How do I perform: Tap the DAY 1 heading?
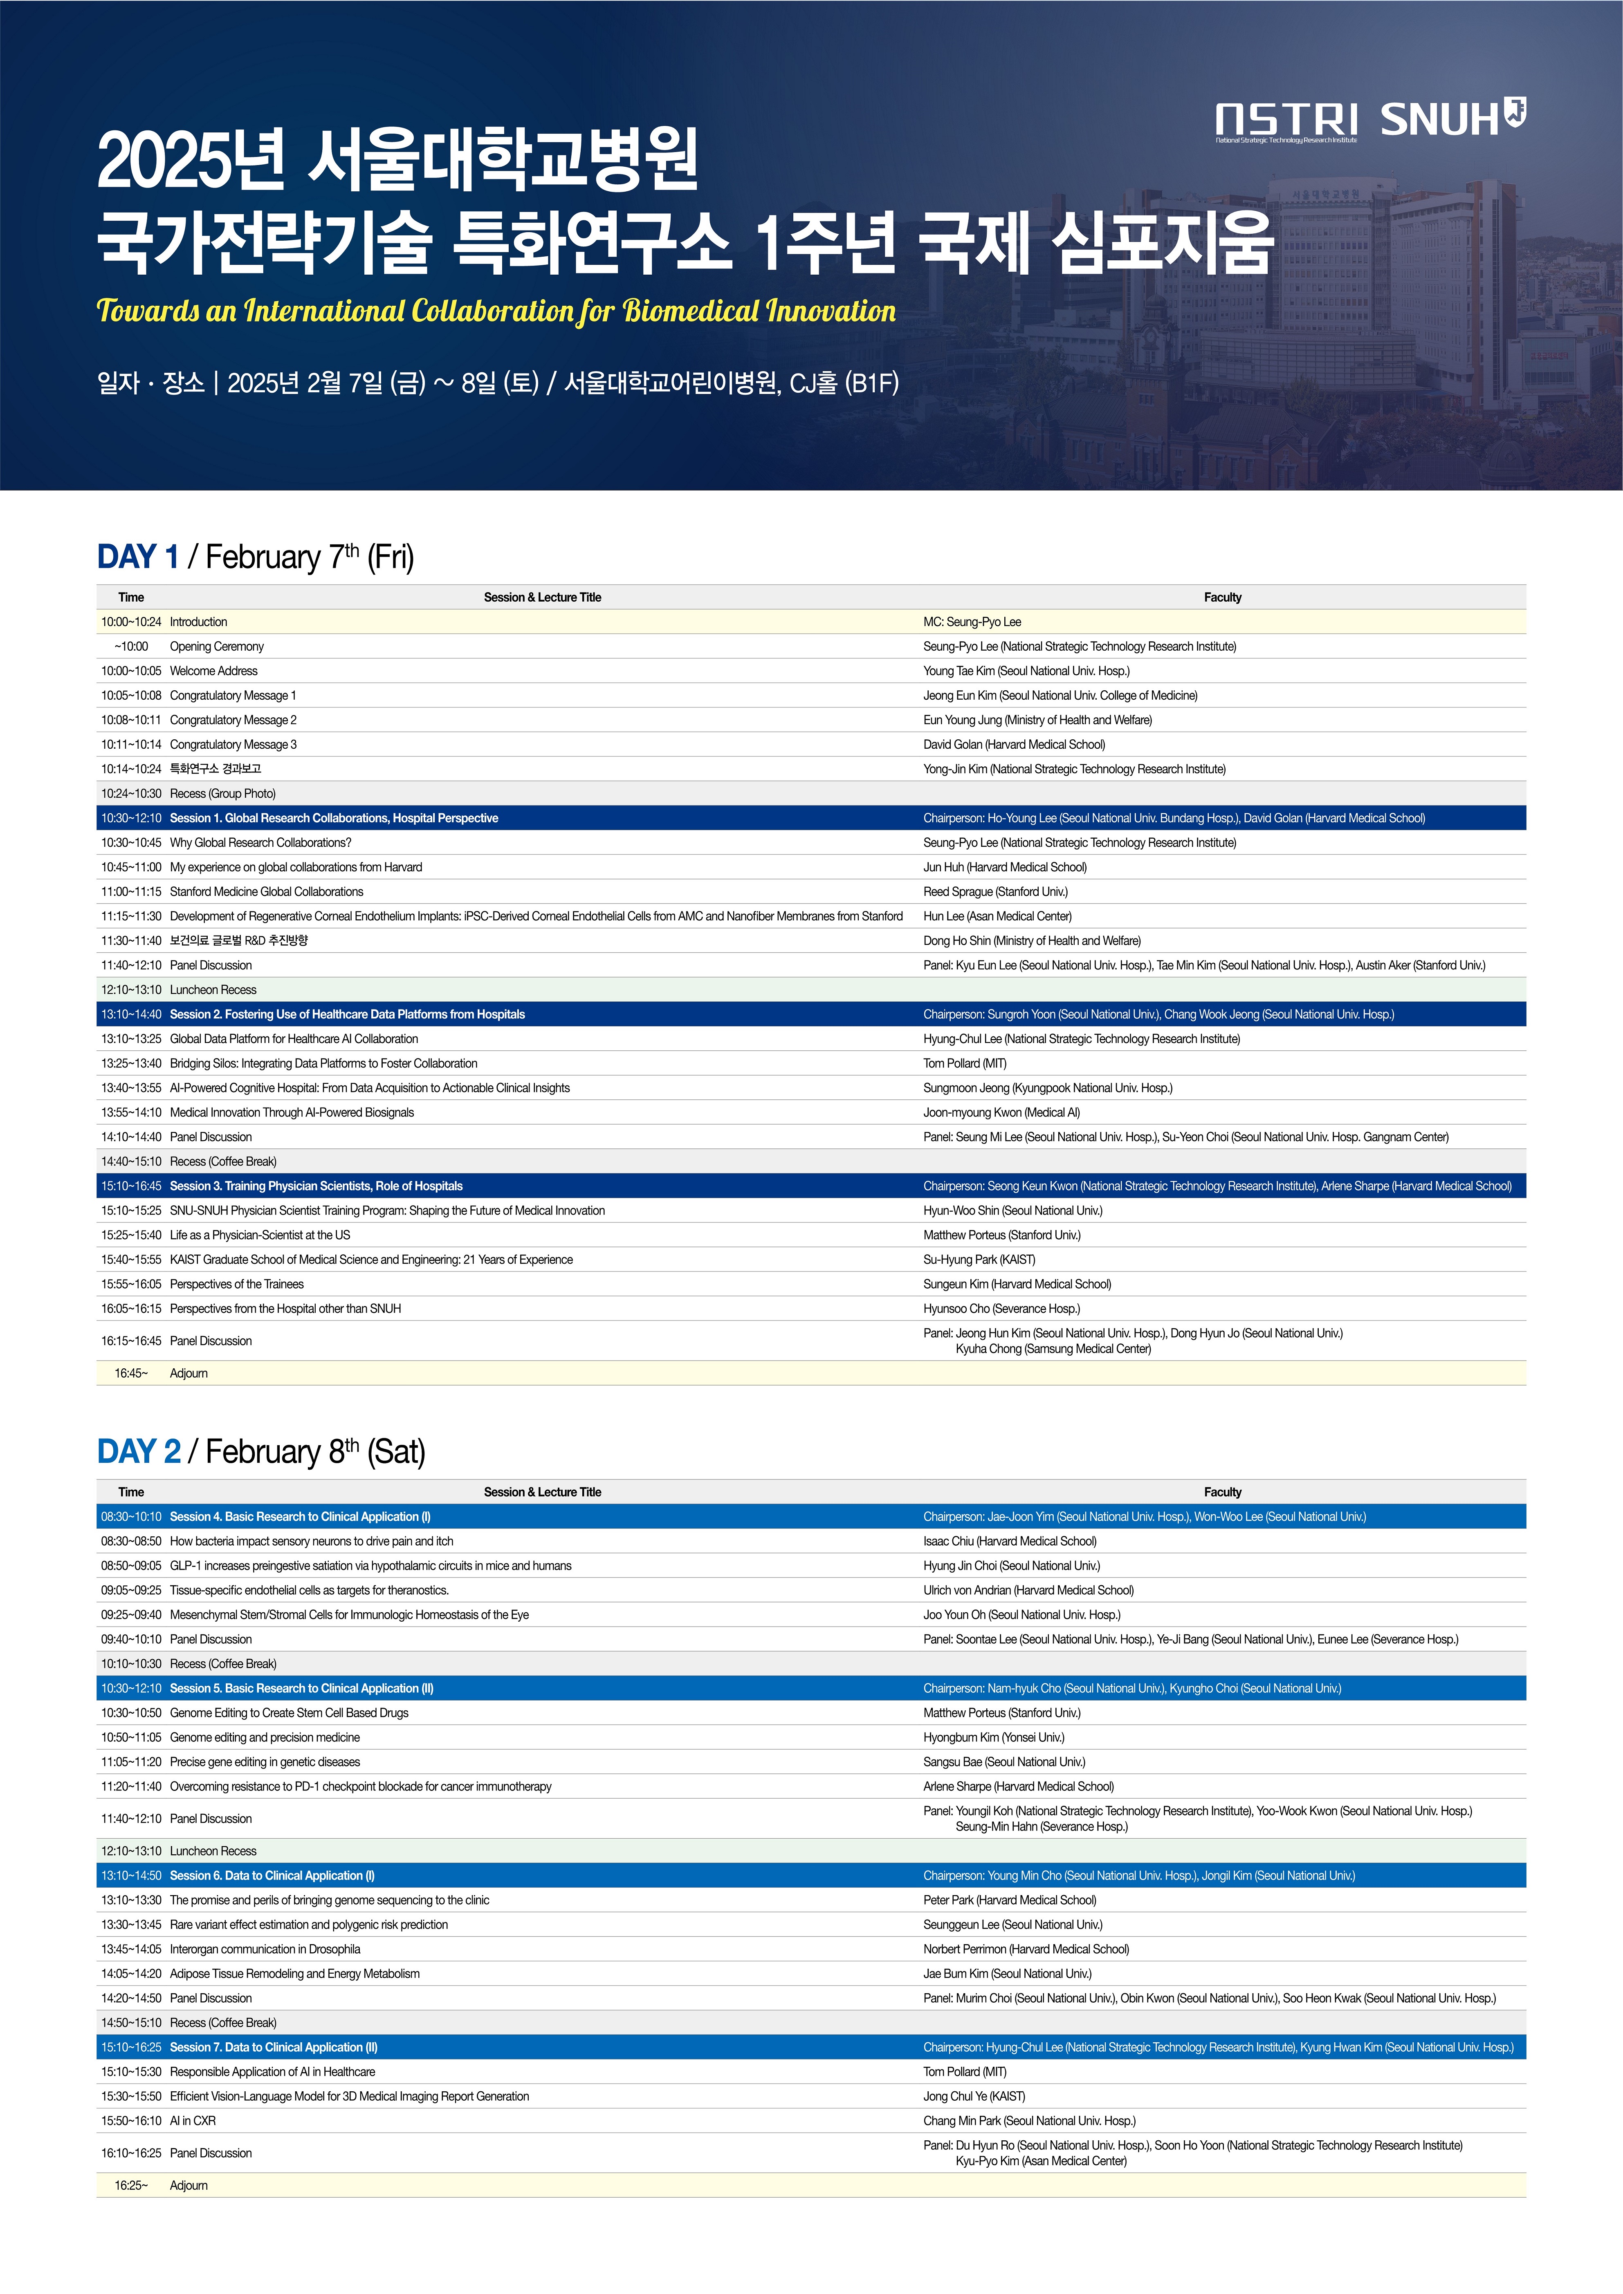click(x=138, y=557)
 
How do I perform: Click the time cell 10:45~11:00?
click(x=131, y=867)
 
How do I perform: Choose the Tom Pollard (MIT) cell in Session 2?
click(x=964, y=1063)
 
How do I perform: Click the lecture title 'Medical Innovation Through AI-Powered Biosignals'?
click(x=292, y=1112)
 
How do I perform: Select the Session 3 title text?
click(x=316, y=1186)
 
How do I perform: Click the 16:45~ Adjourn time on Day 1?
click(x=131, y=1373)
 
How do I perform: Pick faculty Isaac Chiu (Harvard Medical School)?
click(x=1009, y=1541)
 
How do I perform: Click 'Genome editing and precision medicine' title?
click(x=265, y=1737)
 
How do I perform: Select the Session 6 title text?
click(x=272, y=1875)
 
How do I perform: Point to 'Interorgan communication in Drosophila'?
click(x=265, y=1949)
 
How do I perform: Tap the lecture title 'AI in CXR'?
click(x=193, y=2120)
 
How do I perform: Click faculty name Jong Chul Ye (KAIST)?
click(x=973, y=2096)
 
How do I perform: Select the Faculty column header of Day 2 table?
click(x=1222, y=1492)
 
